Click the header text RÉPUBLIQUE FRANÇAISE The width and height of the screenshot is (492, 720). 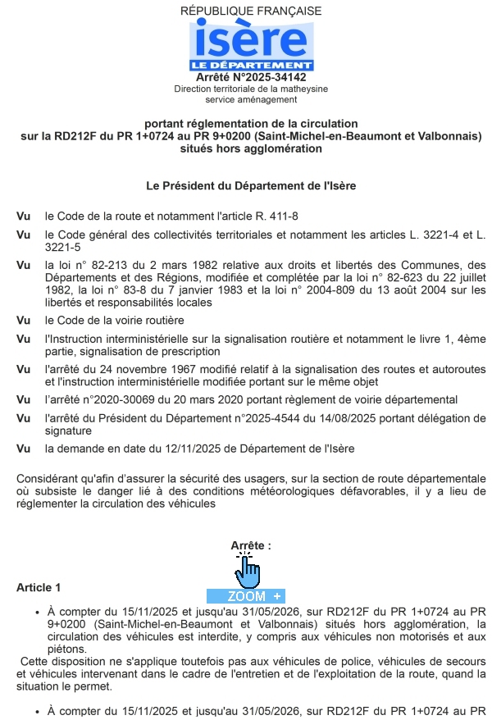tap(251, 11)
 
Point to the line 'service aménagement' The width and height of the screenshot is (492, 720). tap(251, 99)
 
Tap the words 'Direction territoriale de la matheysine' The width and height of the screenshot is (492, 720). tap(251, 89)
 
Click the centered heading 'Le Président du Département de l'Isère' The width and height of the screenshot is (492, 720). tap(251, 186)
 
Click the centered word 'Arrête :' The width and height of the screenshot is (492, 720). tap(251, 545)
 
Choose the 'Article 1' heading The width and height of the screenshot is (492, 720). tap(39, 588)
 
